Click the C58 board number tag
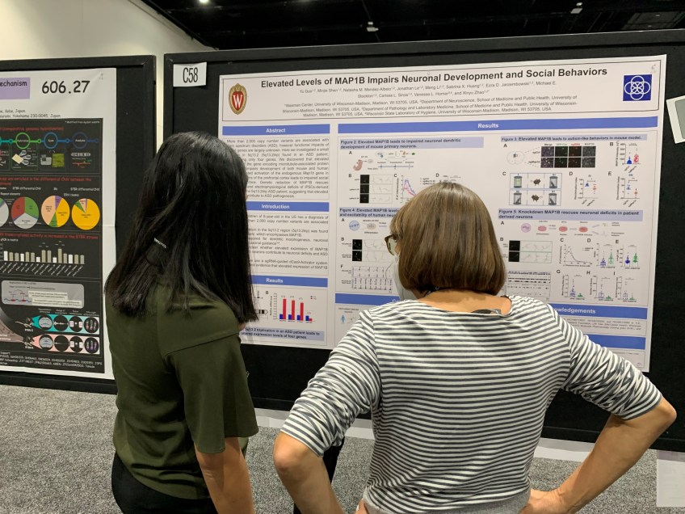(189, 74)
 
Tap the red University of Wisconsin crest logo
(237, 99)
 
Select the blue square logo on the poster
(637, 87)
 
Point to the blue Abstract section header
(275, 129)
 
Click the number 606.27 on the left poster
(65, 86)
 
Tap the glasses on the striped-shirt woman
(391, 242)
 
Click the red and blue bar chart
(292, 309)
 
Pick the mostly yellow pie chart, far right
(86, 213)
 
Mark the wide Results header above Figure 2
(488, 125)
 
